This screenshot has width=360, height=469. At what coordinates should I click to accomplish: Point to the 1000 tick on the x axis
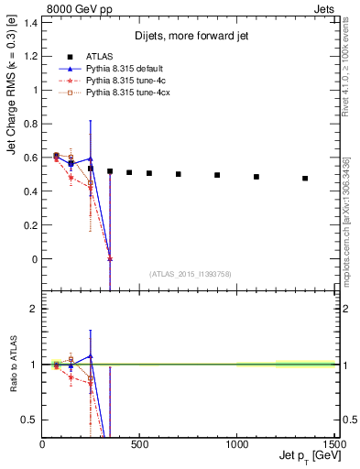coord(237,444)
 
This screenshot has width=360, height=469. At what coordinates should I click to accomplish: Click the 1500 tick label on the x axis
coord(333,444)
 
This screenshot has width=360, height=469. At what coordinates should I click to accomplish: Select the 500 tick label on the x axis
coord(140,444)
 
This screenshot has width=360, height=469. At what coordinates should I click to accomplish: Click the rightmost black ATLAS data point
coord(305,179)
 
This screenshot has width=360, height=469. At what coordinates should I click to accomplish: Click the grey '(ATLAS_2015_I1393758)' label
coord(189,274)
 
